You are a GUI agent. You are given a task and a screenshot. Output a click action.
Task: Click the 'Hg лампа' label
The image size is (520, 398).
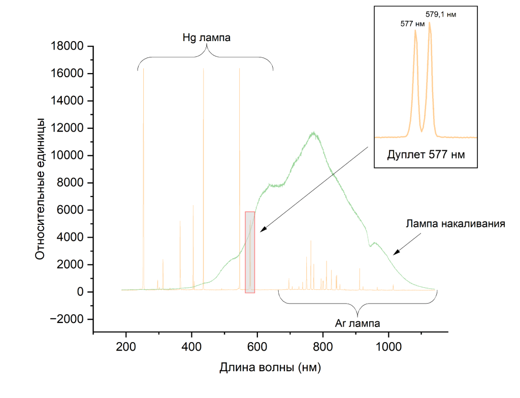click(207, 38)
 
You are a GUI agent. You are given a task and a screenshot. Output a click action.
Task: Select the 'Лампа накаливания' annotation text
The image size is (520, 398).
click(455, 224)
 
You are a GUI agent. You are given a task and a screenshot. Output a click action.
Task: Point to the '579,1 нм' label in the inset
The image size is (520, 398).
click(441, 14)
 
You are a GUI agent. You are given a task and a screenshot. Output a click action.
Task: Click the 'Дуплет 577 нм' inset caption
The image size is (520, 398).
click(426, 154)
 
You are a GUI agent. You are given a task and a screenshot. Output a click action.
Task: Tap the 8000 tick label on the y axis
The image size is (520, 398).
click(71, 183)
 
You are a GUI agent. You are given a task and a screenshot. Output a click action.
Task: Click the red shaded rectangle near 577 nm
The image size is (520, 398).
click(250, 252)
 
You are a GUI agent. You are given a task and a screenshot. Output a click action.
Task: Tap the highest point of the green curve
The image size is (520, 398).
click(314, 132)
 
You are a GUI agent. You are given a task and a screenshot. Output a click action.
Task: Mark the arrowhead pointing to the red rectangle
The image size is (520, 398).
click(262, 231)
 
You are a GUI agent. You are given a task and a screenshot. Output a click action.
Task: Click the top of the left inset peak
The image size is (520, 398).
click(415, 30)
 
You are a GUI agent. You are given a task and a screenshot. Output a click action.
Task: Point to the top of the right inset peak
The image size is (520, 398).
click(430, 22)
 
